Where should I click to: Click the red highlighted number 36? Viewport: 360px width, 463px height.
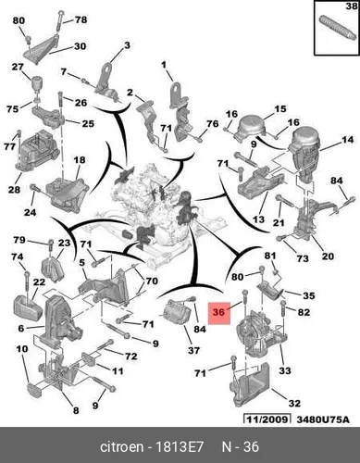click(218, 312)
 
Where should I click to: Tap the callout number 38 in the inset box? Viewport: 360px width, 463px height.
click(351, 6)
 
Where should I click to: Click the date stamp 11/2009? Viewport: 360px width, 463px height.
click(267, 419)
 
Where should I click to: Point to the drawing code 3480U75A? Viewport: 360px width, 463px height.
click(323, 419)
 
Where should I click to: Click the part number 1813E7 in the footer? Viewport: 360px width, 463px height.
click(180, 447)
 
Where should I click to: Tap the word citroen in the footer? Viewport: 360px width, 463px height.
click(122, 447)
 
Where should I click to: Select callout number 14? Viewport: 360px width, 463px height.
click(347, 140)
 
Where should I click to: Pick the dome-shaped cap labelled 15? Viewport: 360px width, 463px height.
click(252, 127)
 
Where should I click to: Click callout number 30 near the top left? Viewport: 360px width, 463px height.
click(80, 46)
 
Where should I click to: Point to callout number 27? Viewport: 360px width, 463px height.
click(18, 67)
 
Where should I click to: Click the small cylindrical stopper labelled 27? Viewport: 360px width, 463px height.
click(37, 82)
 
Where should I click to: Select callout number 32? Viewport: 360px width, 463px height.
click(294, 404)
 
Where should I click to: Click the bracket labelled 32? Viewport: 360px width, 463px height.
click(251, 384)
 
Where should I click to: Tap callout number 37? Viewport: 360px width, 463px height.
click(193, 350)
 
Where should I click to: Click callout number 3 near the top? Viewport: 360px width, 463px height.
click(127, 45)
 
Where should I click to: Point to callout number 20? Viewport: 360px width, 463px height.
click(328, 257)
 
